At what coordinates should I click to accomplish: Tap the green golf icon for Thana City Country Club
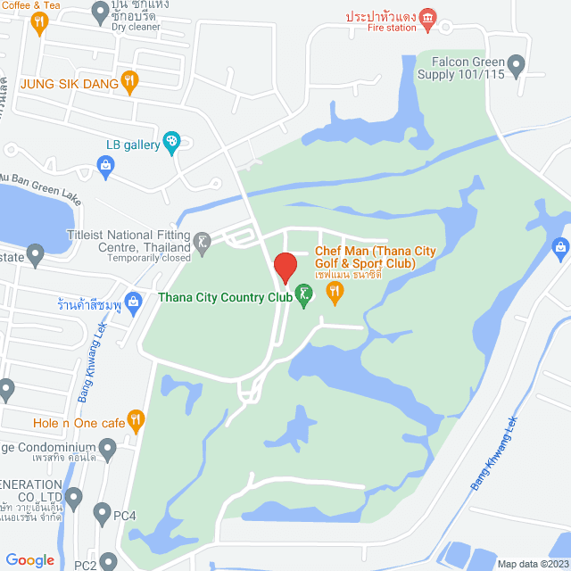point(304,294)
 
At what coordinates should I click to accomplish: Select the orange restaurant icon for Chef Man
point(335,291)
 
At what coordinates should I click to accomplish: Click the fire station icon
point(428,17)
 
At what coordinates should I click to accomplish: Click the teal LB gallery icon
point(171,142)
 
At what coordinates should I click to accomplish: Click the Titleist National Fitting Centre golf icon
point(203,240)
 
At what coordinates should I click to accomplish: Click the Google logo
point(29,560)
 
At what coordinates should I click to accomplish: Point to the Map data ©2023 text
point(533,564)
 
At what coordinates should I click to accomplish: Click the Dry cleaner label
point(136,27)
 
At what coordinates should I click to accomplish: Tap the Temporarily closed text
point(149,258)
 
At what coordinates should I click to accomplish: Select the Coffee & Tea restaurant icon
point(38,24)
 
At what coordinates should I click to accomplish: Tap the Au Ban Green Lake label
point(41,188)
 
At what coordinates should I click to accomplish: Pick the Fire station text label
point(392,28)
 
